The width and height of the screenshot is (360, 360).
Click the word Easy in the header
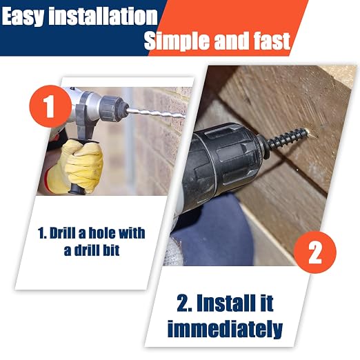click(x=23, y=17)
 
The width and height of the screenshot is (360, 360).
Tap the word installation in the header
click(x=103, y=16)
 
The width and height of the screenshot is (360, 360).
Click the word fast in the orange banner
click(x=272, y=41)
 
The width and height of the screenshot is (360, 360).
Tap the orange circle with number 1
click(x=50, y=106)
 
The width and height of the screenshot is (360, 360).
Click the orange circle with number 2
click(x=315, y=252)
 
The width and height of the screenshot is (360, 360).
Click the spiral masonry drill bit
click(x=156, y=114)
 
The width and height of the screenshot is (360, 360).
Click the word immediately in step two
click(x=225, y=329)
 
